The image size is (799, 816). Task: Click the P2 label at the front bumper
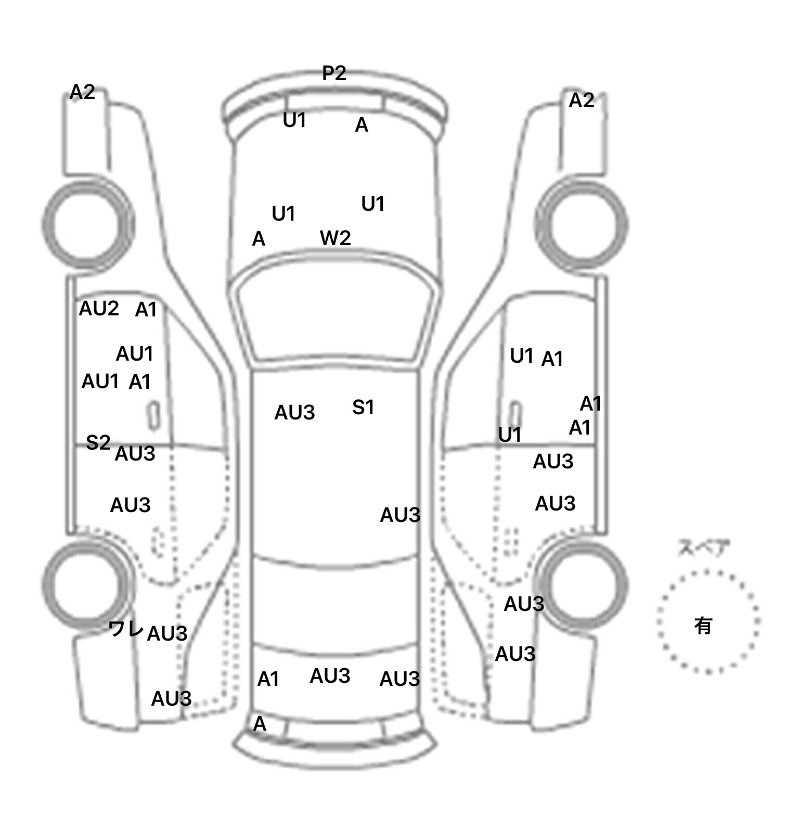(x=334, y=73)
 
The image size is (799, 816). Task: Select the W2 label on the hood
(x=335, y=238)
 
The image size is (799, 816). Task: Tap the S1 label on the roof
(x=363, y=407)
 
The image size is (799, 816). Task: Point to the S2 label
(x=98, y=442)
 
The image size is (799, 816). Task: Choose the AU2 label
(x=99, y=309)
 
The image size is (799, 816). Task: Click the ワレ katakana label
(x=126, y=629)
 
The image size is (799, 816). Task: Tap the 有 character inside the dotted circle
(x=703, y=626)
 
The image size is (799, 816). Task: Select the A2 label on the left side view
(x=82, y=92)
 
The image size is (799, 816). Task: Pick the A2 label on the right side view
(x=581, y=100)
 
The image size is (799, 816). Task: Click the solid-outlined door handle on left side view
(x=153, y=416)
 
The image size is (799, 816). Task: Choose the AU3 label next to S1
(x=294, y=413)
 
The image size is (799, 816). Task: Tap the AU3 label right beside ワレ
(x=167, y=633)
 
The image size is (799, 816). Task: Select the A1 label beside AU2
(x=146, y=310)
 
